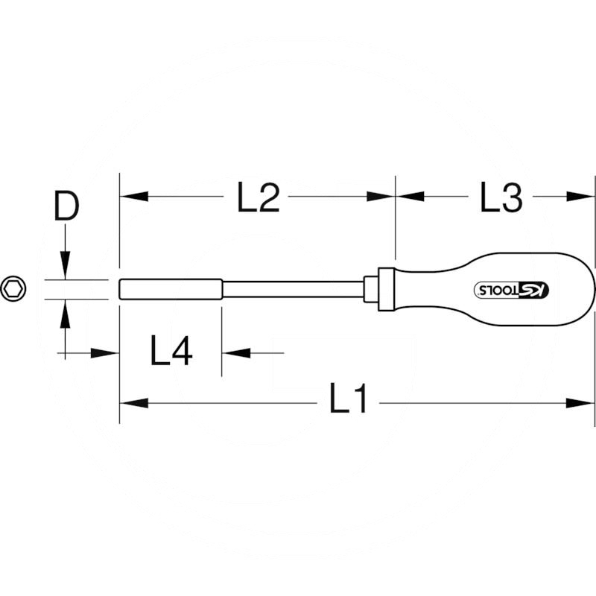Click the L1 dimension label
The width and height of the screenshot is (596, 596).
point(348,399)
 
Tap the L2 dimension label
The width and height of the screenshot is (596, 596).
point(259,197)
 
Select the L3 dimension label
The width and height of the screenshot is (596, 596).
point(501,197)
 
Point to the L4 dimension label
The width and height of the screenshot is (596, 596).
point(171,350)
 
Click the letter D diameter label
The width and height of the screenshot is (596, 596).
point(66,206)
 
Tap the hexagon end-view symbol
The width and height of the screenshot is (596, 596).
point(13,289)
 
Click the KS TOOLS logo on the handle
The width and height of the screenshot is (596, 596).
point(512,290)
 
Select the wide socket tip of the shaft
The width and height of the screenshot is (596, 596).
point(171,290)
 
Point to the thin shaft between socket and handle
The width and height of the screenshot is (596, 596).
point(293,290)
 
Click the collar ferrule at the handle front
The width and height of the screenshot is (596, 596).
point(386,290)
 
